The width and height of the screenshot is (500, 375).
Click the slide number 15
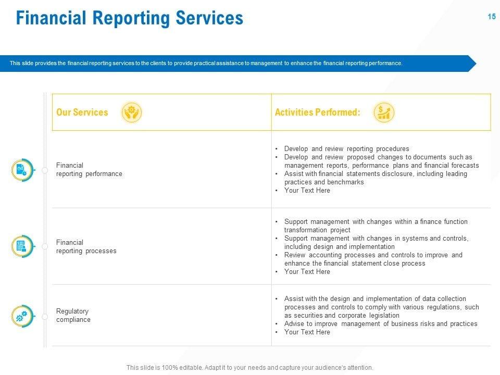pos(491,17)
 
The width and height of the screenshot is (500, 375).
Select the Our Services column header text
pos(82,113)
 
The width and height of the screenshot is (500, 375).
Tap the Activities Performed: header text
pos(317,113)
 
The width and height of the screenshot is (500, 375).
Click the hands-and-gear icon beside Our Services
pos(131,113)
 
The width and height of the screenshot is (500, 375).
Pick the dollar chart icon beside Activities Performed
pos(384,113)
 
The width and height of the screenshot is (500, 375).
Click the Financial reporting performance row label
pos(89,170)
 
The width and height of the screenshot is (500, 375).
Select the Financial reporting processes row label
pos(86,247)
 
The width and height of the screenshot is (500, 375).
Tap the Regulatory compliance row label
pos(73,316)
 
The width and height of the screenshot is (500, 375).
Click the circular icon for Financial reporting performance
pos(22,170)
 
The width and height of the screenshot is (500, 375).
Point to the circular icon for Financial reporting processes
pos(22,246)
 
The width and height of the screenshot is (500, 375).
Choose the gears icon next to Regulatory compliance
pos(22,316)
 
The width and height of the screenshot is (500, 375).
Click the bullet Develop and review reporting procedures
pos(346,149)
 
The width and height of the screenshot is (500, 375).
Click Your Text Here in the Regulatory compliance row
pos(307,332)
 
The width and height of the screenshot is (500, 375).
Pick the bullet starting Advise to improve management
pos(380,324)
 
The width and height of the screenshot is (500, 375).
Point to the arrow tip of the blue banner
pos(474,64)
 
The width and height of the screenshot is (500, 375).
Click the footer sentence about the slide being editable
pos(250,368)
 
